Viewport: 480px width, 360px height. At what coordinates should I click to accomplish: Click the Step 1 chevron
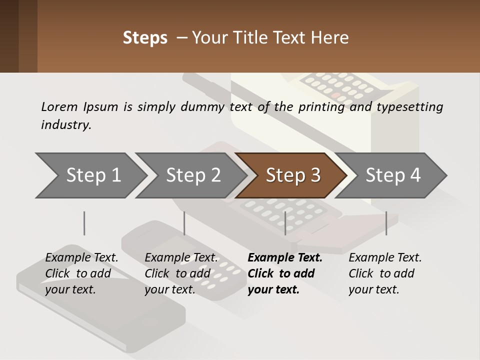(x=92, y=175)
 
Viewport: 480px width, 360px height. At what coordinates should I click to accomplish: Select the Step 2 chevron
(x=192, y=175)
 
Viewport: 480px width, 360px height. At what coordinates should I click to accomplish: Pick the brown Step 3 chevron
(x=292, y=175)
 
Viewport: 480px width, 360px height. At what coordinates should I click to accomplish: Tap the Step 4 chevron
(x=392, y=175)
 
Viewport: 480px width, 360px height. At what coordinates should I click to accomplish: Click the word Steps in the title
(x=145, y=38)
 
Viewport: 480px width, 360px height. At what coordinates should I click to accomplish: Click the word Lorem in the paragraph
(x=59, y=106)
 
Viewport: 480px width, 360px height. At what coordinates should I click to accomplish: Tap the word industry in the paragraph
(x=65, y=124)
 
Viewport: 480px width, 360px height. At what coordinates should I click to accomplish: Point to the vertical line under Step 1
(x=84, y=223)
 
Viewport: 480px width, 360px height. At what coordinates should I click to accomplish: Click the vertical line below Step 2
(x=184, y=223)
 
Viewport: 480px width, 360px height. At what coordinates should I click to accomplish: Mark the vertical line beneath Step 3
(x=285, y=223)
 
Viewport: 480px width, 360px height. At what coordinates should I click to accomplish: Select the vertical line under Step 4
(x=386, y=223)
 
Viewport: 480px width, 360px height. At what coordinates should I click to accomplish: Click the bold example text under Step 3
(x=284, y=273)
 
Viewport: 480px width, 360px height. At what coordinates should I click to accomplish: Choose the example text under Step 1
(x=81, y=273)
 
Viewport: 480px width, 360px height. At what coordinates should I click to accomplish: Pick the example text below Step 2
(x=180, y=273)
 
